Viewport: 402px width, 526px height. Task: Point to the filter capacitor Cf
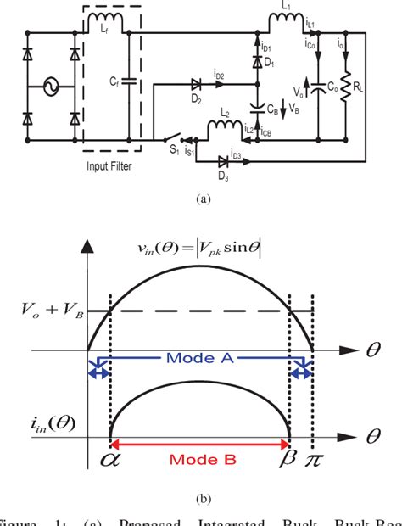pos(127,81)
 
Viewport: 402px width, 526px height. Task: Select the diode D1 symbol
pos(255,63)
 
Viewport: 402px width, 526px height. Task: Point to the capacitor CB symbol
pos(255,108)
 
